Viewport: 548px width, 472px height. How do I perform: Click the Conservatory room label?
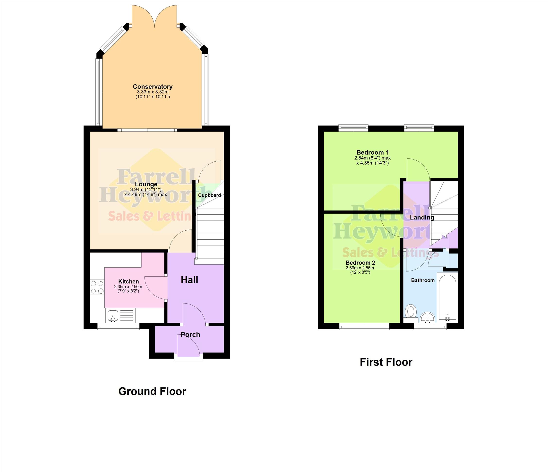point(153,87)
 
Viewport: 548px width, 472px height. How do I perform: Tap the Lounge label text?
point(146,184)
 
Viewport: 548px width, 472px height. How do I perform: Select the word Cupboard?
point(209,195)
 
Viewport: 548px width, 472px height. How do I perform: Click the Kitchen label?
point(128,281)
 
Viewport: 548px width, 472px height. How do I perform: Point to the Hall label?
point(189,280)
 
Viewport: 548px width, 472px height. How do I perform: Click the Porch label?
point(190,335)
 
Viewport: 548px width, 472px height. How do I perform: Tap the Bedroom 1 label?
point(373,152)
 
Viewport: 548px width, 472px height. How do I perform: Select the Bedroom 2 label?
point(360,263)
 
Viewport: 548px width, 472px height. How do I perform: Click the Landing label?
point(422,218)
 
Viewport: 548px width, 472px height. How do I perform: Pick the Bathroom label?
point(423,280)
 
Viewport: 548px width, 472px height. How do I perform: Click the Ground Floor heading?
point(152,391)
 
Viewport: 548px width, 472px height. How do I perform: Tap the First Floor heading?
point(386,362)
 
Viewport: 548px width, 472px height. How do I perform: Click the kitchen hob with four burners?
point(97,287)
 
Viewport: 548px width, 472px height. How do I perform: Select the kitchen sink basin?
point(113,315)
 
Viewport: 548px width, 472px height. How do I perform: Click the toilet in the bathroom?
point(411,313)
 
